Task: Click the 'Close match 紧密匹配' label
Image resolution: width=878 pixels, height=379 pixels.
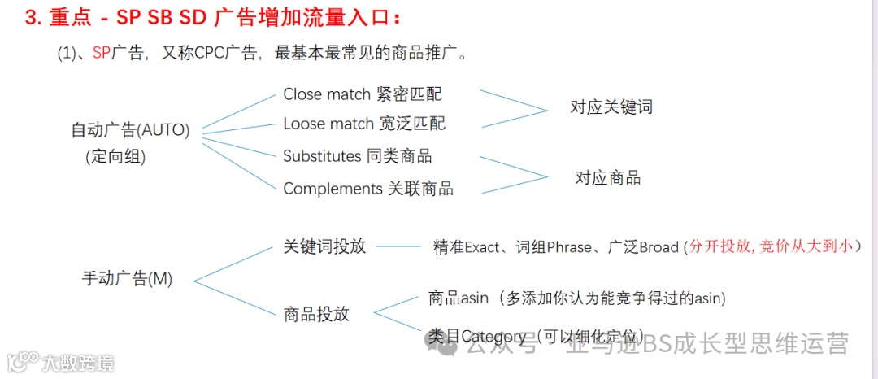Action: [x=363, y=94]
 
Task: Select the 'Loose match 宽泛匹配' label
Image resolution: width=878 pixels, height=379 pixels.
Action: [x=364, y=124]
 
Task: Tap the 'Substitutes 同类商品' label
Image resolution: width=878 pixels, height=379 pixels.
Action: [x=357, y=155]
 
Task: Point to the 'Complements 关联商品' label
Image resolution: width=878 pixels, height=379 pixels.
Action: [x=368, y=189]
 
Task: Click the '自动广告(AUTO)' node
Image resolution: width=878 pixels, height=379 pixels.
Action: [x=130, y=130]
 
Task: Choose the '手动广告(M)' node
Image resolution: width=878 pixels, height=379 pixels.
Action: [x=127, y=278]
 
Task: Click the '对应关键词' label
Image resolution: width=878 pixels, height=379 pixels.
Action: [x=611, y=107]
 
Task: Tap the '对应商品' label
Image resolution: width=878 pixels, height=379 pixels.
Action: [x=608, y=177]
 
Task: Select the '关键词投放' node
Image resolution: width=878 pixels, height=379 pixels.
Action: [x=324, y=246]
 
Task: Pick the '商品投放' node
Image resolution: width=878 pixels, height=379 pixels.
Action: [x=316, y=314]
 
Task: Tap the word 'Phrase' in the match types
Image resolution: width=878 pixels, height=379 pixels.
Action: [x=569, y=247]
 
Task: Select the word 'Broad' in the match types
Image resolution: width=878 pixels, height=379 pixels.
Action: [x=659, y=247]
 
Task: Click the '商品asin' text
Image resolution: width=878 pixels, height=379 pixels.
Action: [x=459, y=298]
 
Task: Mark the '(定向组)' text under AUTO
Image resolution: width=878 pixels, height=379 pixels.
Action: [x=115, y=158]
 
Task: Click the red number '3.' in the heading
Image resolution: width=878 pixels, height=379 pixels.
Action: [x=33, y=18]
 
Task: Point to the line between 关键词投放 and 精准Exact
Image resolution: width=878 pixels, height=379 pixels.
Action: [x=398, y=246]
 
